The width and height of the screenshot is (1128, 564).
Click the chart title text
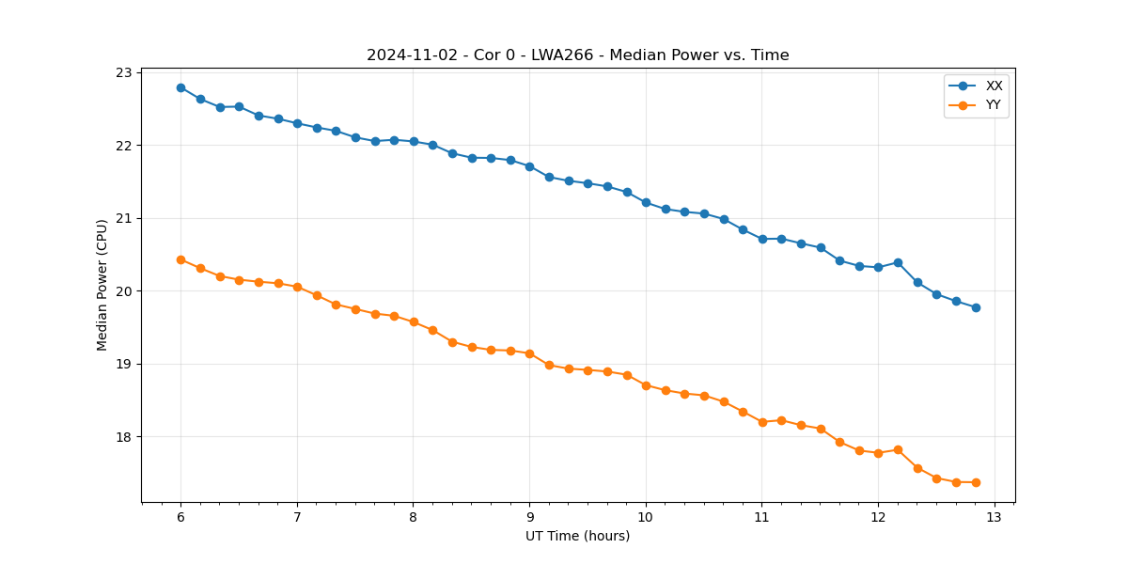pos(577,55)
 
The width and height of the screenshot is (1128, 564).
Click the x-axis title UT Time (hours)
pos(577,536)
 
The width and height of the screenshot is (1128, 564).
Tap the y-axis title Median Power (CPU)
pos(102,285)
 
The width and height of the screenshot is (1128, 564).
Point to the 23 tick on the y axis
pos(124,72)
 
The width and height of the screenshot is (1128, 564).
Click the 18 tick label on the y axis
pos(124,437)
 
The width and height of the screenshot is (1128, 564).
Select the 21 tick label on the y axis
pos(124,218)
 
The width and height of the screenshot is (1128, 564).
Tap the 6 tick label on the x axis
pos(180,517)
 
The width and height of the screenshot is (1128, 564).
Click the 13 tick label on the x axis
pos(995,517)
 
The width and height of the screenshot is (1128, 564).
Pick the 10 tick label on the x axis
pos(646,517)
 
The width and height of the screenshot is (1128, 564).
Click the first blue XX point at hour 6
pos(180,87)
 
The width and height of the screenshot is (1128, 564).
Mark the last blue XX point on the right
pos(976,307)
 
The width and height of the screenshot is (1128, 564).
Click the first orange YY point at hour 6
pos(180,259)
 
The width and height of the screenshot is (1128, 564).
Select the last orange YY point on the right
pos(976,482)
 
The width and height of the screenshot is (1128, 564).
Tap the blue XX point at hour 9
pos(529,166)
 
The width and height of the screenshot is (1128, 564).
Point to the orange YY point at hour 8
pos(414,321)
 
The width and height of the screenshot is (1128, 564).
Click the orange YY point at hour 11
pos(762,422)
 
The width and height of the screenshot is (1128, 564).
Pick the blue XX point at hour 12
pos(878,267)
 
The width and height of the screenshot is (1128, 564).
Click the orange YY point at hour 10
pos(646,385)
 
